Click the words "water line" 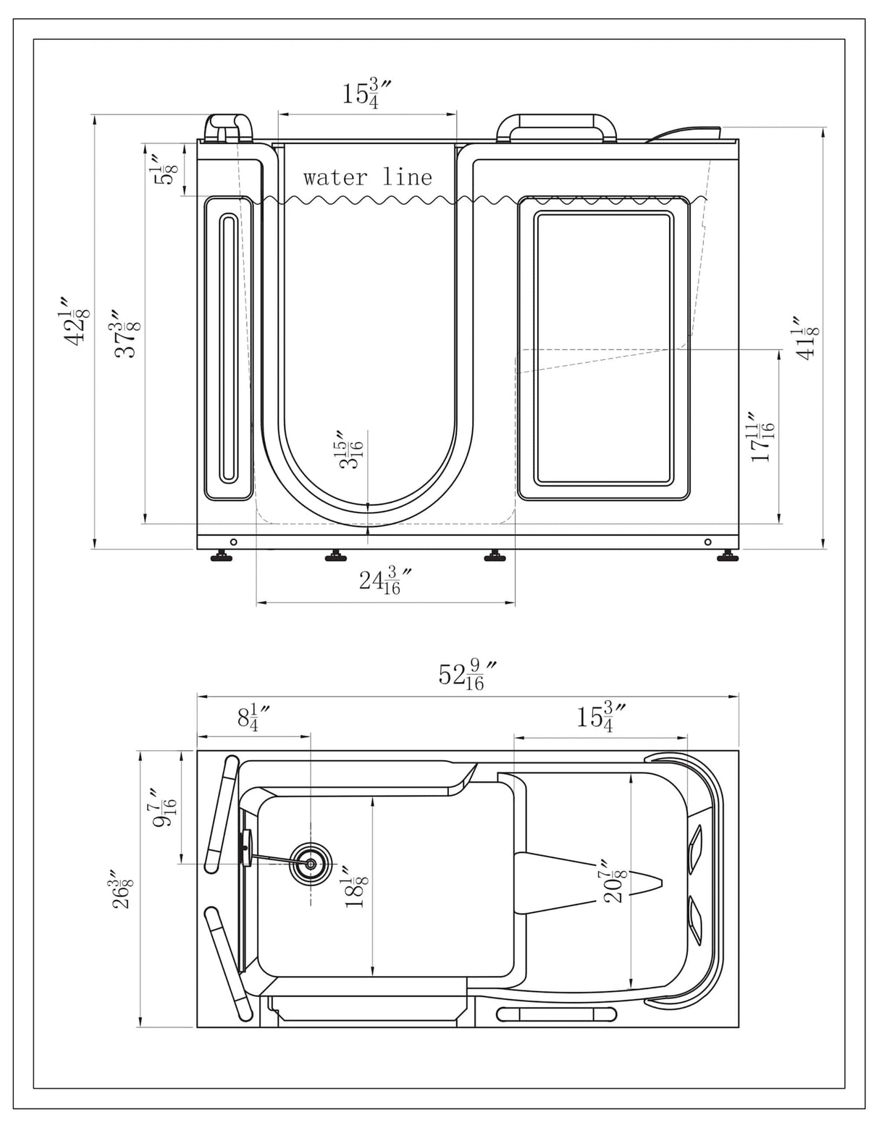(x=367, y=177)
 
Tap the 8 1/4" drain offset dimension (x=253, y=717)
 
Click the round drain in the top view (x=311, y=864)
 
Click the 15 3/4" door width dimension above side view (x=367, y=95)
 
